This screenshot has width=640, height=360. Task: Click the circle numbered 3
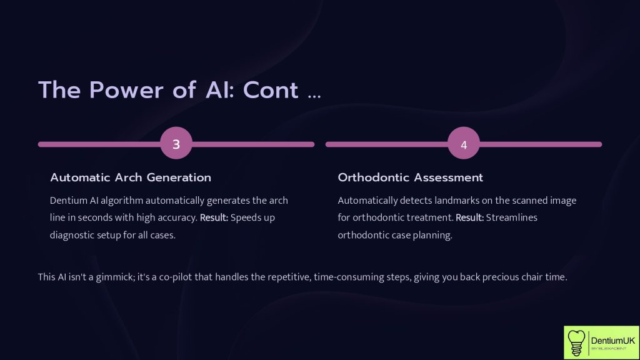tap(176, 144)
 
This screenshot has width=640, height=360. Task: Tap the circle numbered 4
tap(464, 144)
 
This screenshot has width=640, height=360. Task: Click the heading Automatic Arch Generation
tap(131, 177)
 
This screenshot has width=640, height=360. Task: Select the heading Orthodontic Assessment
tap(410, 177)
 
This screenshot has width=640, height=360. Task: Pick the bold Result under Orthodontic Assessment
tap(470, 218)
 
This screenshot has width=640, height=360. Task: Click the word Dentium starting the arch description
tap(67, 201)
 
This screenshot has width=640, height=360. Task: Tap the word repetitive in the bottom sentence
tap(308, 277)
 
